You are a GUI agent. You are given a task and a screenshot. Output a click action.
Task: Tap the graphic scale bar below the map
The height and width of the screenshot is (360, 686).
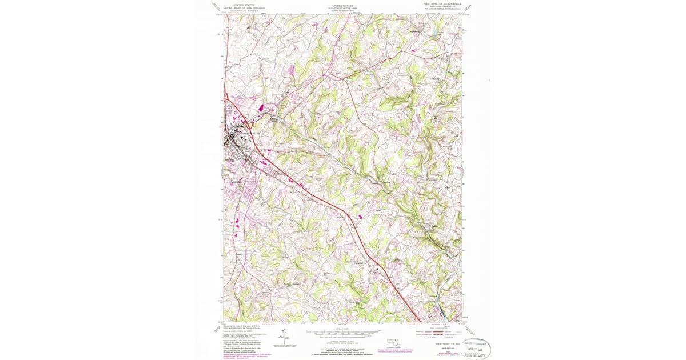pos(343,331)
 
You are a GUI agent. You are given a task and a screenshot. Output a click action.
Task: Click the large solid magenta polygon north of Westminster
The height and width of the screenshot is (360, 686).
pos(262,106)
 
